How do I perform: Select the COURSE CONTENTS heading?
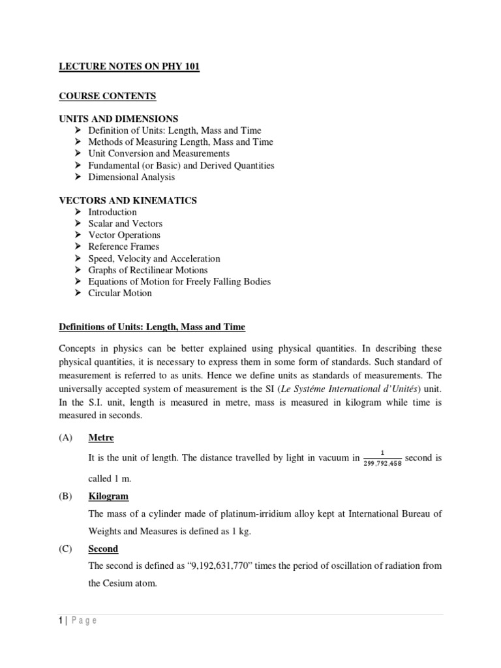(x=108, y=96)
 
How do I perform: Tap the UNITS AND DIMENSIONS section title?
(x=119, y=119)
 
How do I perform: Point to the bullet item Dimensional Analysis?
(x=131, y=177)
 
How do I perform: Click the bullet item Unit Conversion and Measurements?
(x=159, y=153)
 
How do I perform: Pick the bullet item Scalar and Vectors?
(x=125, y=223)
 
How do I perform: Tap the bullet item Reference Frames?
(x=123, y=247)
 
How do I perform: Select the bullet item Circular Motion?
(x=120, y=293)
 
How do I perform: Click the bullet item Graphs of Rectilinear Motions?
(x=147, y=270)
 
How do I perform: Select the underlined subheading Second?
(x=103, y=549)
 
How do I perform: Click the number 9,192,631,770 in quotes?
(x=220, y=566)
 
